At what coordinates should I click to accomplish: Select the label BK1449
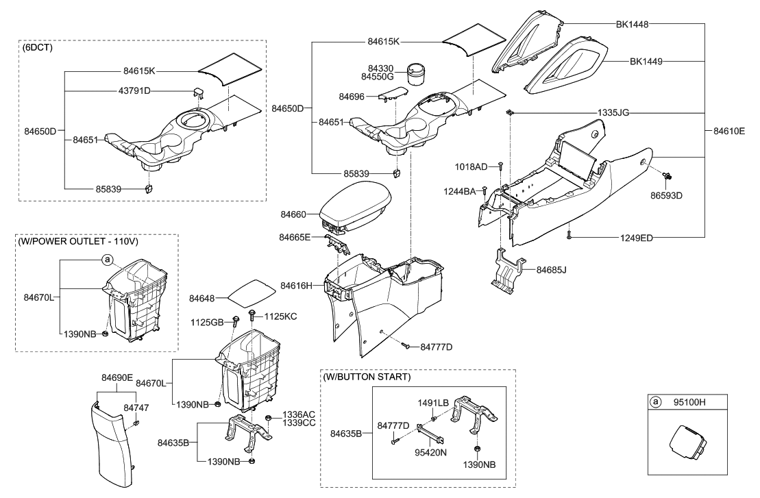(646, 61)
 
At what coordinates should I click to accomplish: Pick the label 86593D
(667, 195)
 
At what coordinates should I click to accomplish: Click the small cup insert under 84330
(417, 73)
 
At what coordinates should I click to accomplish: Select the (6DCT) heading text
(38, 48)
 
